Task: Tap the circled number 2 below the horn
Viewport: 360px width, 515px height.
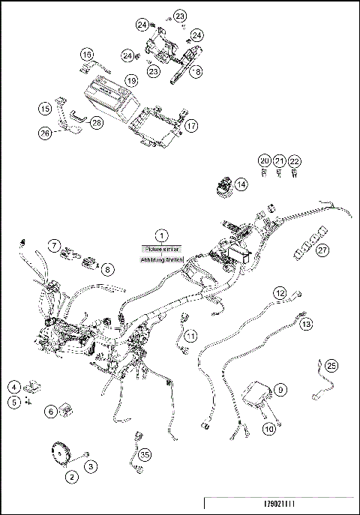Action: click(x=71, y=476)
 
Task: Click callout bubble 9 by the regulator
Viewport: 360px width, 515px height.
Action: click(x=280, y=390)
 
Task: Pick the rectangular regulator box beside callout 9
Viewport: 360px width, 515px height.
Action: click(x=260, y=394)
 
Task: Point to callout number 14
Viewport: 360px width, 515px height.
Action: click(x=240, y=184)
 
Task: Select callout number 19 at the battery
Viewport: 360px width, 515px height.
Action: click(x=131, y=79)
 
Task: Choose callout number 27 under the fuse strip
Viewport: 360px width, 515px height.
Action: click(x=322, y=250)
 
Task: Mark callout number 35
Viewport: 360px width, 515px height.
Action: click(x=145, y=454)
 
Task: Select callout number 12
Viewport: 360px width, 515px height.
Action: click(x=279, y=292)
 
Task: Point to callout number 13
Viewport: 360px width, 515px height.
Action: click(x=306, y=325)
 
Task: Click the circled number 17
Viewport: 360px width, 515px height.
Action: click(x=192, y=126)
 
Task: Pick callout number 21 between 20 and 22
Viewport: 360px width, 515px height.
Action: click(x=279, y=161)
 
